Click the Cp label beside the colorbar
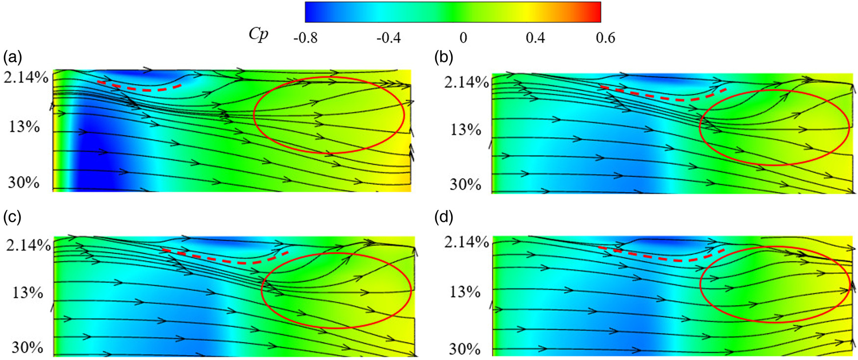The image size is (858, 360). (x=259, y=34)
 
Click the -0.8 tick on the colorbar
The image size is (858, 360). (x=305, y=38)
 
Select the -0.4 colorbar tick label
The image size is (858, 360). (x=388, y=38)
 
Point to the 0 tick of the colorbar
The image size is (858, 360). (x=463, y=38)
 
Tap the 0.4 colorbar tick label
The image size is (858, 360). (x=535, y=38)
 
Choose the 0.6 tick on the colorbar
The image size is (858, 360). (x=605, y=38)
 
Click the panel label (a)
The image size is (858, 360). (x=13, y=57)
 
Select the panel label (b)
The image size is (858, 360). (x=444, y=57)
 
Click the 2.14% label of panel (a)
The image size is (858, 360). (x=26, y=77)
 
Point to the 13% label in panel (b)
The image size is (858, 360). (x=465, y=130)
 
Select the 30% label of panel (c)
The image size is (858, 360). (x=27, y=348)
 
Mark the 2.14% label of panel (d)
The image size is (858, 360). (x=466, y=242)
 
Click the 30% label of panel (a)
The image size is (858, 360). (x=24, y=182)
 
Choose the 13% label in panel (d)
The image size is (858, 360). (x=465, y=292)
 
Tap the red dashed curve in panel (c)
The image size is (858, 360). (x=226, y=260)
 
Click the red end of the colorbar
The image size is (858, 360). (x=596, y=12)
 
